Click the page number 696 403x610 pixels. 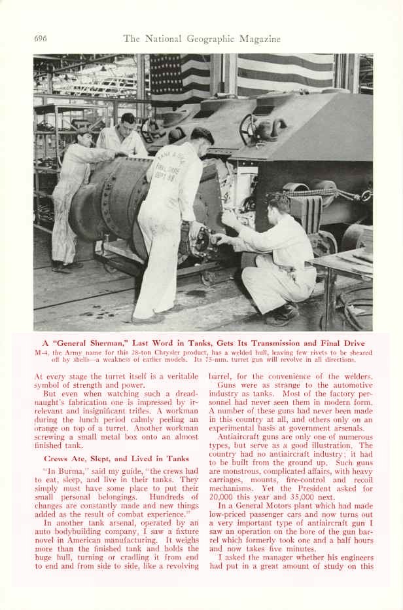[41, 39]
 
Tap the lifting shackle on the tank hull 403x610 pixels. [269, 129]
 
